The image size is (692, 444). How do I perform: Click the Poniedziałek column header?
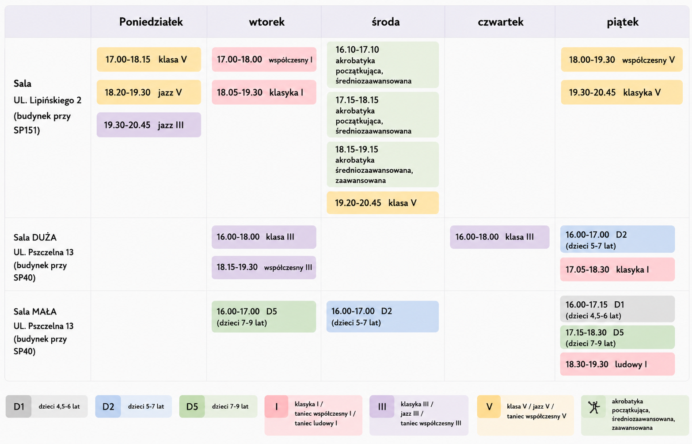pyautogui.click(x=151, y=22)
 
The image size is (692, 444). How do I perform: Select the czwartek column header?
pyautogui.click(x=501, y=22)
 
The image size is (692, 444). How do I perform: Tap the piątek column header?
pyautogui.click(x=623, y=22)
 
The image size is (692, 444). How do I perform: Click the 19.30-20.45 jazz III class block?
pyautogui.click(x=149, y=125)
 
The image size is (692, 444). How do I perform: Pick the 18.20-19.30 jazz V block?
pyautogui.click(x=149, y=92)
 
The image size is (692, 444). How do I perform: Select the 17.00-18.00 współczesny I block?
pyautogui.click(x=264, y=59)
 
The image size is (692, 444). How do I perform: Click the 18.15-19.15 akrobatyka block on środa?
pyautogui.click(x=383, y=165)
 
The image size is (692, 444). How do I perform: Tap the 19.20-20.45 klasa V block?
pyautogui.click(x=383, y=202)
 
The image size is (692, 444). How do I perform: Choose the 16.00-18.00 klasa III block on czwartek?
pyautogui.click(x=499, y=237)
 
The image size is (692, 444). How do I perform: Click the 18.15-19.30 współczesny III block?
pyautogui.click(x=264, y=267)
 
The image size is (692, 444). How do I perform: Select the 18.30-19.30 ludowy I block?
pyautogui.click(x=618, y=364)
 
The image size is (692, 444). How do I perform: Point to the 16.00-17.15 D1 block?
pyautogui.click(x=618, y=309)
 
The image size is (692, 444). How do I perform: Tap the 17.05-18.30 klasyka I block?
pyautogui.click(x=618, y=269)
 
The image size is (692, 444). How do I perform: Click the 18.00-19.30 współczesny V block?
pyautogui.click(x=622, y=59)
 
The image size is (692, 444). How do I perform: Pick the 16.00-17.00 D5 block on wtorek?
pyautogui.click(x=264, y=316)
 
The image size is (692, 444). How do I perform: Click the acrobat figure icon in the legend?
pyautogui.click(x=594, y=407)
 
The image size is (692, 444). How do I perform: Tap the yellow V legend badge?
pyautogui.click(x=489, y=406)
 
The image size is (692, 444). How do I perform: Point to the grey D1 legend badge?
pyautogui.click(x=19, y=406)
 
